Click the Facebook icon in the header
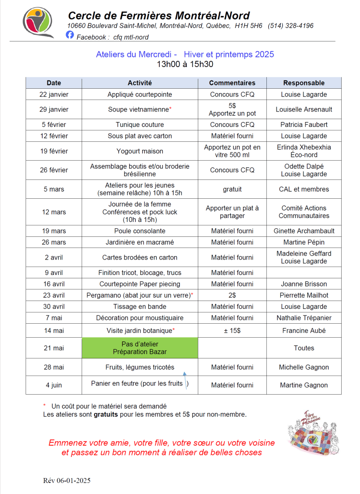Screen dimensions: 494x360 click(70, 35)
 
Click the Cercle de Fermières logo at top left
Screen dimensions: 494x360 click(39, 22)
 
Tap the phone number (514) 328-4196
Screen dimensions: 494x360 click(291, 26)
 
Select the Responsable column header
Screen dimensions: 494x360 click(304, 83)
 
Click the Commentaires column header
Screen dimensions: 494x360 click(232, 83)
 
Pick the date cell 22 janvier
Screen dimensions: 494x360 click(54, 95)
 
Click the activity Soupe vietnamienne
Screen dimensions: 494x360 click(138, 110)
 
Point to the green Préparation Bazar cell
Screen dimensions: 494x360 click(140, 348)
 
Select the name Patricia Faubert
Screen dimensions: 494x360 click(304, 124)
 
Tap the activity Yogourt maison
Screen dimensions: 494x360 click(140, 151)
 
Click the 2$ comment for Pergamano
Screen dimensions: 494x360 click(232, 295)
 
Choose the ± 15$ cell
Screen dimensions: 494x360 click(232, 331)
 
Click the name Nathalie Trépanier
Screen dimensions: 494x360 click(304, 318)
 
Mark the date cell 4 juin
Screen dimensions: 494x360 click(54, 385)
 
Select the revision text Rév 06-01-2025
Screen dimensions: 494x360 click(67, 480)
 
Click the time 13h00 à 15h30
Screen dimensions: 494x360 click(185, 64)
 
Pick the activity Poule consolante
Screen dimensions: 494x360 click(140, 231)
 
